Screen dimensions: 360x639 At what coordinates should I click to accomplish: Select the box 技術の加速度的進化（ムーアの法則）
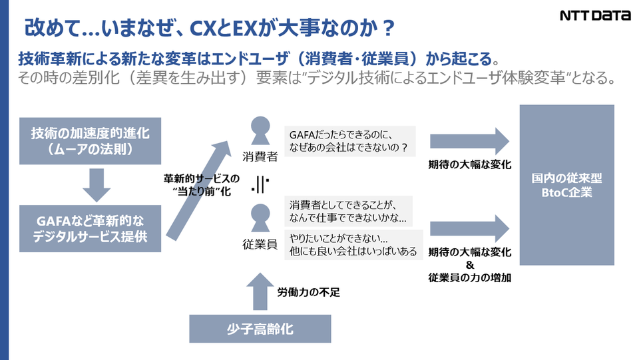[x=90, y=140]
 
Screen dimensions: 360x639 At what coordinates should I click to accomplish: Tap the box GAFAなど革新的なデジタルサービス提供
[x=90, y=227]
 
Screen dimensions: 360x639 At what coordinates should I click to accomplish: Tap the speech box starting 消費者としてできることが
[x=349, y=211]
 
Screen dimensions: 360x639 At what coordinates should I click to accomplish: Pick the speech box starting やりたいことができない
[x=353, y=244]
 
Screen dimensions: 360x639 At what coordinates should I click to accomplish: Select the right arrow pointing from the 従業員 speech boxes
[x=470, y=228]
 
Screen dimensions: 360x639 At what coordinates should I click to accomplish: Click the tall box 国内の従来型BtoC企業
[x=566, y=185]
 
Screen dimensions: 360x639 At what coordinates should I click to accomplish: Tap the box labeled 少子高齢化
[x=260, y=329]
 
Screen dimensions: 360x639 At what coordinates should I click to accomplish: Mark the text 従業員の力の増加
[x=470, y=278]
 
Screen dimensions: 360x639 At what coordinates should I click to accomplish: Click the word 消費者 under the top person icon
[x=260, y=158]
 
